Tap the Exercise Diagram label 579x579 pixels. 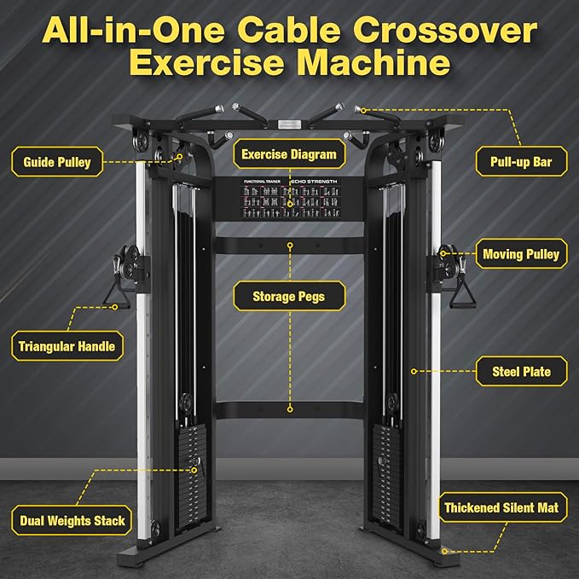[x=289, y=154]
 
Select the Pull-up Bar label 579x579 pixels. [x=521, y=160]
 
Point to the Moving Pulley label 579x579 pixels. [x=520, y=253]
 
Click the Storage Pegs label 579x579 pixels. [x=288, y=297]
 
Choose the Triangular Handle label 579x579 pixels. [x=67, y=346]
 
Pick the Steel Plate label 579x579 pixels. [x=521, y=372]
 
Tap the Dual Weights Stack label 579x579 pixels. [x=72, y=520]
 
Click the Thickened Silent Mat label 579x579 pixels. [x=502, y=508]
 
